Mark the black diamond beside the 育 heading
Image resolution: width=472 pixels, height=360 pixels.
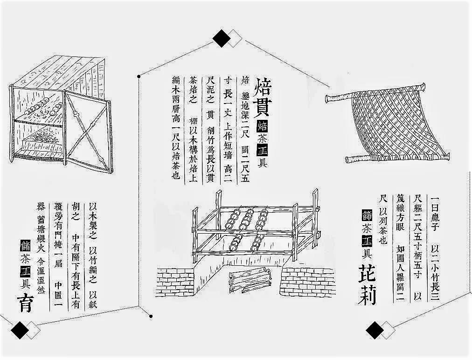(20, 330)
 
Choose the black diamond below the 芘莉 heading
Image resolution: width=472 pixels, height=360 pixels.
(375, 330)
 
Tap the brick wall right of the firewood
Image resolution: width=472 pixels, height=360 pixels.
(308, 282)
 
